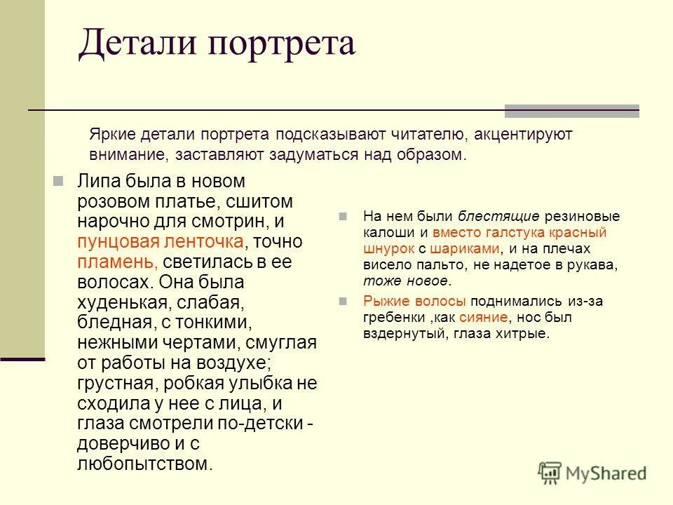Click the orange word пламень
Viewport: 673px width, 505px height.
coord(116,262)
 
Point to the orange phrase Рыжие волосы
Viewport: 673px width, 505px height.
coord(414,302)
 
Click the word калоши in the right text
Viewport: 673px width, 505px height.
coord(387,232)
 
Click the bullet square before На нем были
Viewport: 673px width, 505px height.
coord(343,216)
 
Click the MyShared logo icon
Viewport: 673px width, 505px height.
coord(550,473)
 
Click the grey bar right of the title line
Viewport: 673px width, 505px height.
coord(571,111)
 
